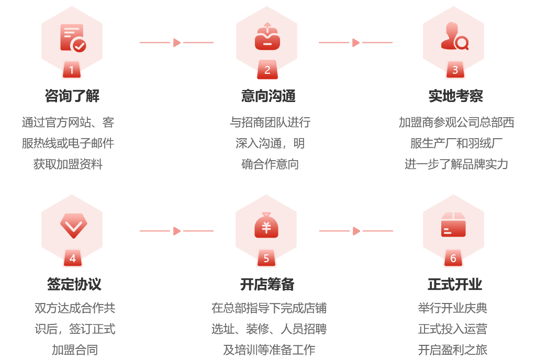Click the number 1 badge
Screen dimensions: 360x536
pos(71,70)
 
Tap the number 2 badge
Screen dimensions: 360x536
pos(267,70)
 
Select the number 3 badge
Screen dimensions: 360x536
pos(454,70)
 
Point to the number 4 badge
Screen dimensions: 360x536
pos(72,258)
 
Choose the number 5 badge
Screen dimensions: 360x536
pos(266,258)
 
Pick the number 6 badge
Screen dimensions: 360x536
pos(453,258)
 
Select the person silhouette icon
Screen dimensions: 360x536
pos(454,36)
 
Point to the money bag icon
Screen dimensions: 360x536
pos(266,226)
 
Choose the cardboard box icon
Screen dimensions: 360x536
pos(453,224)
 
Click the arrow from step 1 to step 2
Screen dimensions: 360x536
pos(176,42)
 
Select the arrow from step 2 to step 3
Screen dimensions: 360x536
pos(355,42)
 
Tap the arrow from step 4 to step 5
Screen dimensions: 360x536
pos(176,231)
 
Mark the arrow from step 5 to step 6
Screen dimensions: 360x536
pos(356,231)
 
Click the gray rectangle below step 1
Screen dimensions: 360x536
pos(67,143)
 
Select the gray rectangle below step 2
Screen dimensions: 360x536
pos(272,143)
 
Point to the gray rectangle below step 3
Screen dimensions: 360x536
pos(456,143)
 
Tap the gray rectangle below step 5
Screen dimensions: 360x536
pos(272,329)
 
